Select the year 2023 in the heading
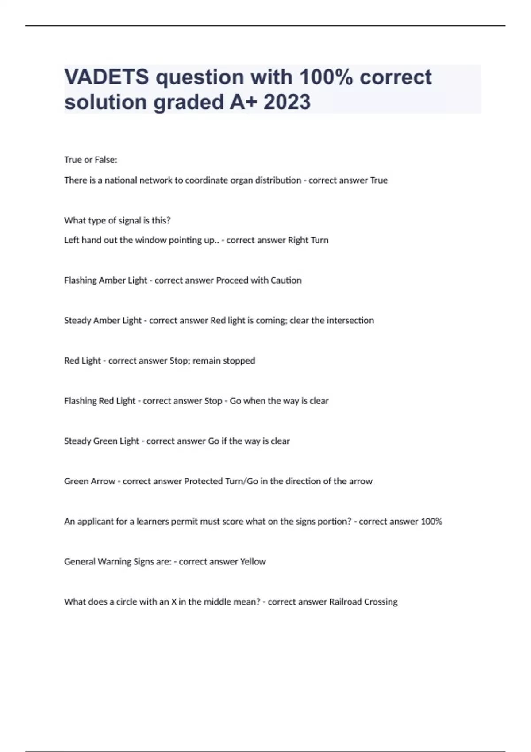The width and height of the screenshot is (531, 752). pos(287,102)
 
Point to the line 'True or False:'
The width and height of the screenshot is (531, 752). pos(91,160)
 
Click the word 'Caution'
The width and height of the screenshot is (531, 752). pos(287,280)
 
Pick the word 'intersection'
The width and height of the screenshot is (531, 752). pos(350,321)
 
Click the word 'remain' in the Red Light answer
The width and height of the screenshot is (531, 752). pos(206,361)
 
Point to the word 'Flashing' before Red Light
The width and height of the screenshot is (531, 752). pos(80,401)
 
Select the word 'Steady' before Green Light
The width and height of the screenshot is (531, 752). pos(77,441)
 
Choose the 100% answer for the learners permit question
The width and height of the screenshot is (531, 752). pos(431,522)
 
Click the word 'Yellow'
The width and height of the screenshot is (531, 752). pos(253,562)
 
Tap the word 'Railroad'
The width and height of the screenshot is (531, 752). pos(345,602)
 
